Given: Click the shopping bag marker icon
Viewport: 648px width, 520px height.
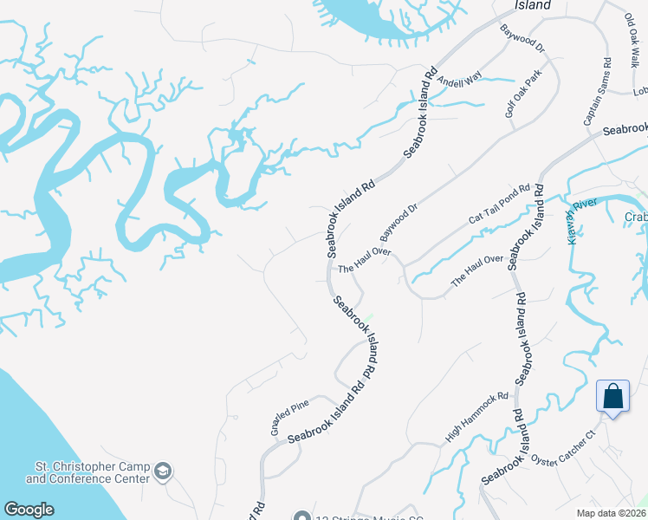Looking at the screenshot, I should point(612,397).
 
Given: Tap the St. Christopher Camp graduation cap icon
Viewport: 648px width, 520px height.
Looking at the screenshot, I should point(162,472).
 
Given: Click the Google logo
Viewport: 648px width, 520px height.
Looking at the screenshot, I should point(29,510).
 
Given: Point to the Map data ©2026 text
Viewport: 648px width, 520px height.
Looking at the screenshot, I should point(612,513).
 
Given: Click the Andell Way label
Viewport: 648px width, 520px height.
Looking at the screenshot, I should point(458,82).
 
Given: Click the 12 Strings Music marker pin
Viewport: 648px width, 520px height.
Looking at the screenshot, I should point(301,516).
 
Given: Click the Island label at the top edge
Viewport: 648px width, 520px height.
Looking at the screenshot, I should point(533,5).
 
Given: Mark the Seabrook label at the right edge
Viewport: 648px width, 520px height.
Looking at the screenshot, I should point(625,129).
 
